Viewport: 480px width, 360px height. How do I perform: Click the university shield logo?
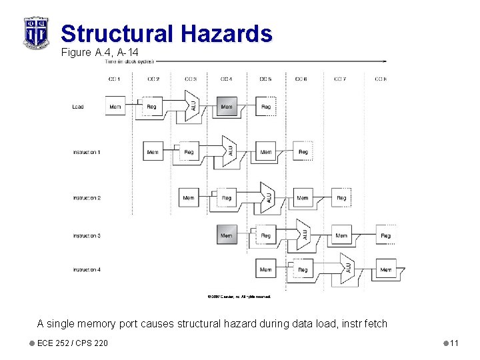[36, 31]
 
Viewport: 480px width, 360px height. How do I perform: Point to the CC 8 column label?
[380, 79]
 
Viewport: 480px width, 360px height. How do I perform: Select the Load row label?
[78, 107]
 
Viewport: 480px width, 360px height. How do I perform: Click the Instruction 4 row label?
[87, 269]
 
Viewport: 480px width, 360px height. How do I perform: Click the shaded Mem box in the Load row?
[227, 107]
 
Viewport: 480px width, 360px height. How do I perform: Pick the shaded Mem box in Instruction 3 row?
[227, 235]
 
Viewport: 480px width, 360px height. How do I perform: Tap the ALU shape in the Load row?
[192, 107]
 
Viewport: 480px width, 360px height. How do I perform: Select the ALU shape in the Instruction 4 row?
[347, 269]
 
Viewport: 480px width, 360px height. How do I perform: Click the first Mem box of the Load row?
[115, 107]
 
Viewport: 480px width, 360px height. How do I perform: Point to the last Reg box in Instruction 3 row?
[385, 235]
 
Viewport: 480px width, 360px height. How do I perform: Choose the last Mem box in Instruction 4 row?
[385, 269]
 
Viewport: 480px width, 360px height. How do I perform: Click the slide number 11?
[453, 343]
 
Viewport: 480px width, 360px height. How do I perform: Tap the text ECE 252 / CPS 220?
[73, 343]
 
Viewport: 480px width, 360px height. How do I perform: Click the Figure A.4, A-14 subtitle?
[99, 52]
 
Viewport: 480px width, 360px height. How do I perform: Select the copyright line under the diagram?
[239, 296]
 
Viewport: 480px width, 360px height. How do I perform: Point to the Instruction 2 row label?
[87, 198]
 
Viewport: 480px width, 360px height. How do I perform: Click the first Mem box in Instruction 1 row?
[153, 152]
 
